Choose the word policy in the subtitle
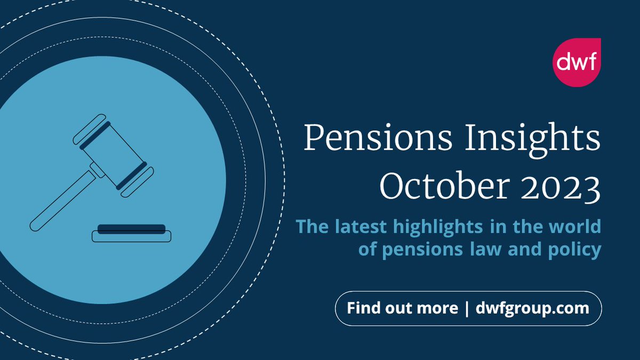(571, 249)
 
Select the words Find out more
(402, 308)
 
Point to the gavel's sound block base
(131, 235)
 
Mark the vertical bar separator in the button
(467, 308)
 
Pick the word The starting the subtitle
(312, 226)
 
